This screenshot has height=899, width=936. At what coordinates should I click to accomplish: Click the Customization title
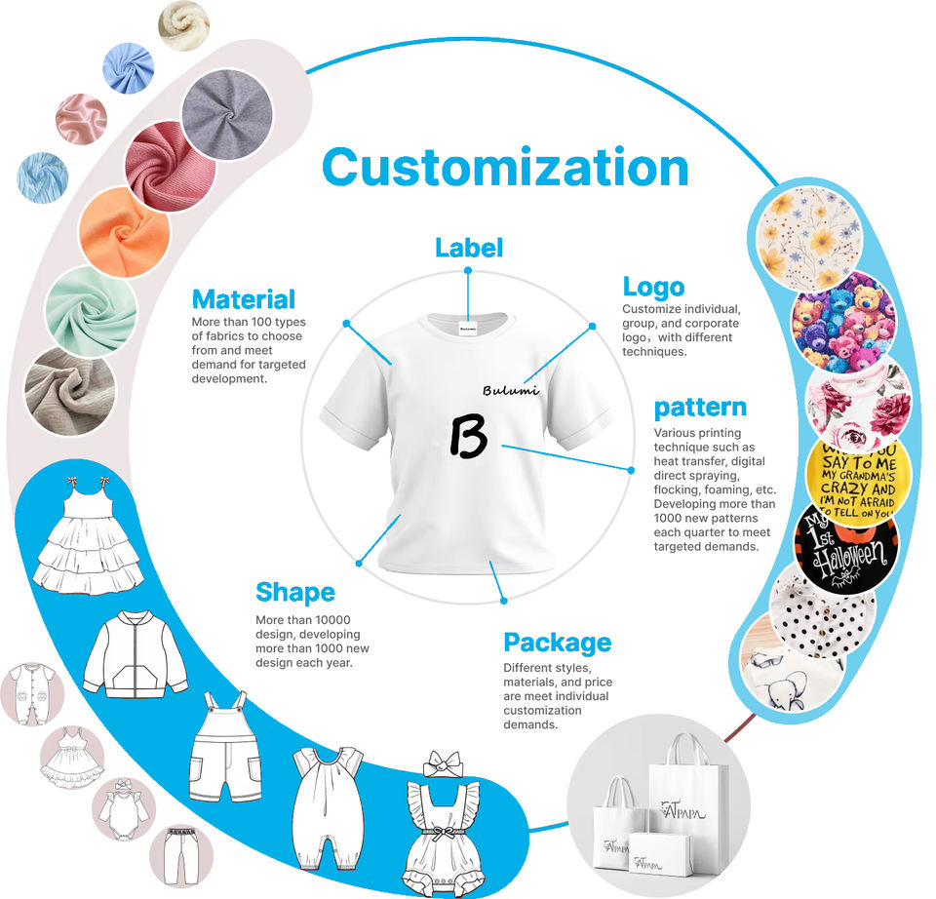pos(505,168)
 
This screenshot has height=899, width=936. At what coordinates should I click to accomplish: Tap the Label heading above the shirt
pos(469,248)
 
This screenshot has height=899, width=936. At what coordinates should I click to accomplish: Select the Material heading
pos(244,298)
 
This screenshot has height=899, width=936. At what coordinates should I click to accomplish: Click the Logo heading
pos(653,287)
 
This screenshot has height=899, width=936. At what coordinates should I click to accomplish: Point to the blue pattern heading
pos(700,407)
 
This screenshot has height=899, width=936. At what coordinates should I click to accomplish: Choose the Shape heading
pos(294,592)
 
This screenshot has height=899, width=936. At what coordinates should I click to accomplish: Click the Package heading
pos(557,643)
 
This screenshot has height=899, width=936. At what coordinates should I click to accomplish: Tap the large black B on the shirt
pos(468,434)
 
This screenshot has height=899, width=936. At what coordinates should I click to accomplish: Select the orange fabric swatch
pos(124,231)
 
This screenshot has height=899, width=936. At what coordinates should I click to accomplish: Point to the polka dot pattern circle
pos(822,608)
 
